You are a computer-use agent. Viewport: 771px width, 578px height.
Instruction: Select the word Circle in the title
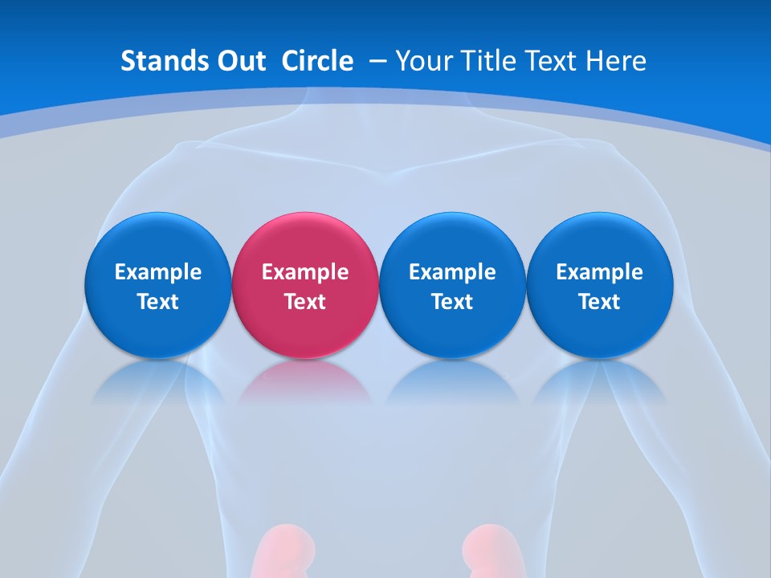coord(317,61)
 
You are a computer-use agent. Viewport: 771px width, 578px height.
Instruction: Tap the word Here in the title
coord(617,61)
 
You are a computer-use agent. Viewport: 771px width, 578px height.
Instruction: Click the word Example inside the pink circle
coord(305,272)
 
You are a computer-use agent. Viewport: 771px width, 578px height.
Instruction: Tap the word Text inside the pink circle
coord(305,302)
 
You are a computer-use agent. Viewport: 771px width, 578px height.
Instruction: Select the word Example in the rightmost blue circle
coord(599,272)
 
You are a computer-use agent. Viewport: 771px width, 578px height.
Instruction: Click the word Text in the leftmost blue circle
coord(158,302)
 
